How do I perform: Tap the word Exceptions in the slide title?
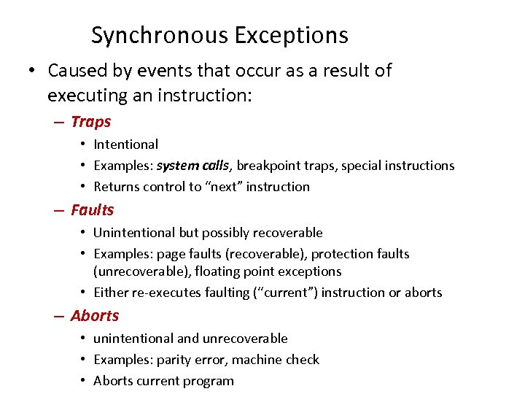point(292,35)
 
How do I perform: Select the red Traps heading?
point(90,122)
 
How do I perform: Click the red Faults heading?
point(93,210)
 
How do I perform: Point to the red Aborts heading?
point(95,316)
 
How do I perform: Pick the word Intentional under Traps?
point(125,144)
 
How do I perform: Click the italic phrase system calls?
point(194,166)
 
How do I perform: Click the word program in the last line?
point(209,381)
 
